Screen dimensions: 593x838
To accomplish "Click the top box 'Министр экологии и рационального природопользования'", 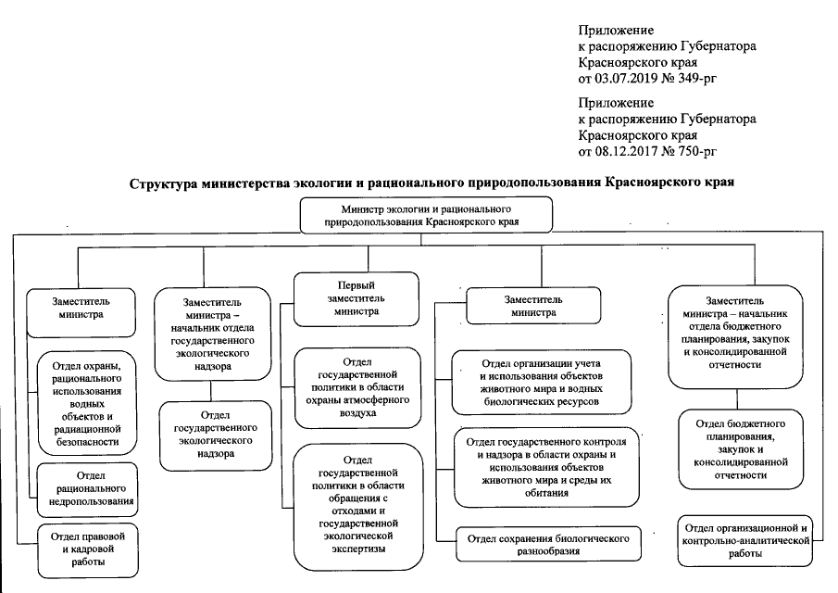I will point(425,216).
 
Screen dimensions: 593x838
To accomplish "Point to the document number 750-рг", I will point(695,150).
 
